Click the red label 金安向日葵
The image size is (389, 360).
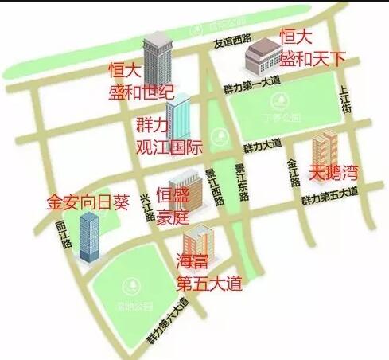point(88,201)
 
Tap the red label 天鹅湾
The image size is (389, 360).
point(334,171)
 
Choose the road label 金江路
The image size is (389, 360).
point(292,171)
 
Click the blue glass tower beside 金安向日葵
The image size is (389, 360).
point(88,237)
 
